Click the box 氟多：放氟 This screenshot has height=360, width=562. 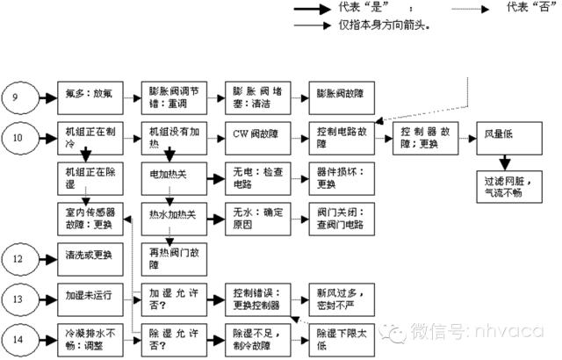coord(89,97)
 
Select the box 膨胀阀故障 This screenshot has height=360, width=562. coord(332,97)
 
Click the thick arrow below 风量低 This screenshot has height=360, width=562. coord(504,161)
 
